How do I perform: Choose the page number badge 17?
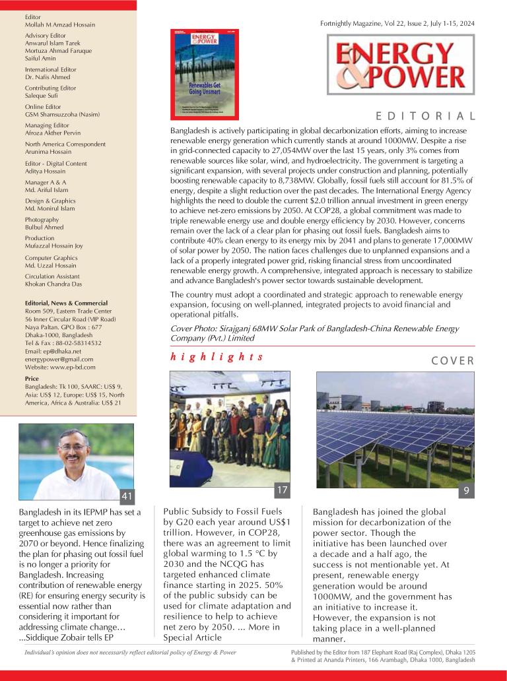[283, 490]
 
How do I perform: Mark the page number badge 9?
[466, 491]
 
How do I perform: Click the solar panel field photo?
[395, 429]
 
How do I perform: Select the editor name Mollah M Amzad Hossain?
[60, 24]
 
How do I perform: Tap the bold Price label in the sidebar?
[32, 379]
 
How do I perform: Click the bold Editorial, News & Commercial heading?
[66, 303]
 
